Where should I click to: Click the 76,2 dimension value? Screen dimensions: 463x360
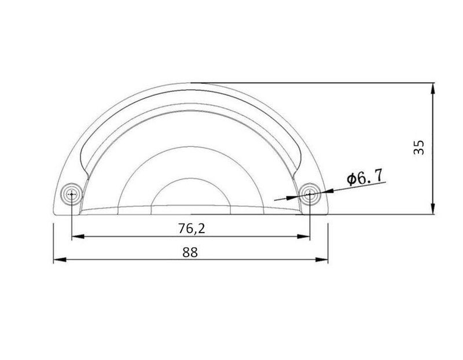point(192,228)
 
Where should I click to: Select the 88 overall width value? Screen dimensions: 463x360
point(190,252)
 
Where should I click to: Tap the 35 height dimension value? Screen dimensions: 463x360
point(418,147)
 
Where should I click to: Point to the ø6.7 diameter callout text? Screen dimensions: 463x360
point(365,177)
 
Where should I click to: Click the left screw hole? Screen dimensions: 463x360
point(72,194)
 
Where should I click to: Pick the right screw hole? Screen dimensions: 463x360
point(310,194)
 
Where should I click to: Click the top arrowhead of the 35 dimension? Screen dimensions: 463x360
point(433,89)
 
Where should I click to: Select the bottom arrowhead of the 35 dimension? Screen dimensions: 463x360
point(433,208)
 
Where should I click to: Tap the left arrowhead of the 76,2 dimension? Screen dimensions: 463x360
point(78,236)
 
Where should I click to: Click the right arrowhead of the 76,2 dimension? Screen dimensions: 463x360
point(303,236)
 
